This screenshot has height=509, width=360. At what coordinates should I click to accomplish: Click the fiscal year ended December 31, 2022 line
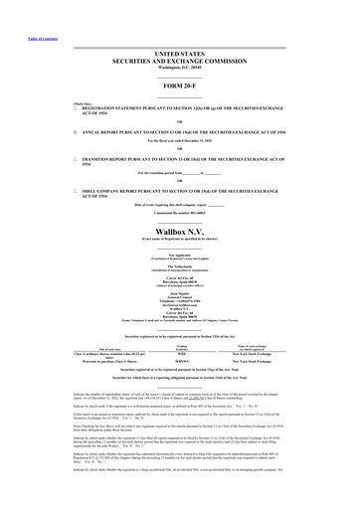180,141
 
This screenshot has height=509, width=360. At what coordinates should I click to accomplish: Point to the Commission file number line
180,213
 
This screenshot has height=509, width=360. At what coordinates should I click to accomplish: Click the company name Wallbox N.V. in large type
180,231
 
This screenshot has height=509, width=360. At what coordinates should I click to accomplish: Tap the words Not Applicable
180,254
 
